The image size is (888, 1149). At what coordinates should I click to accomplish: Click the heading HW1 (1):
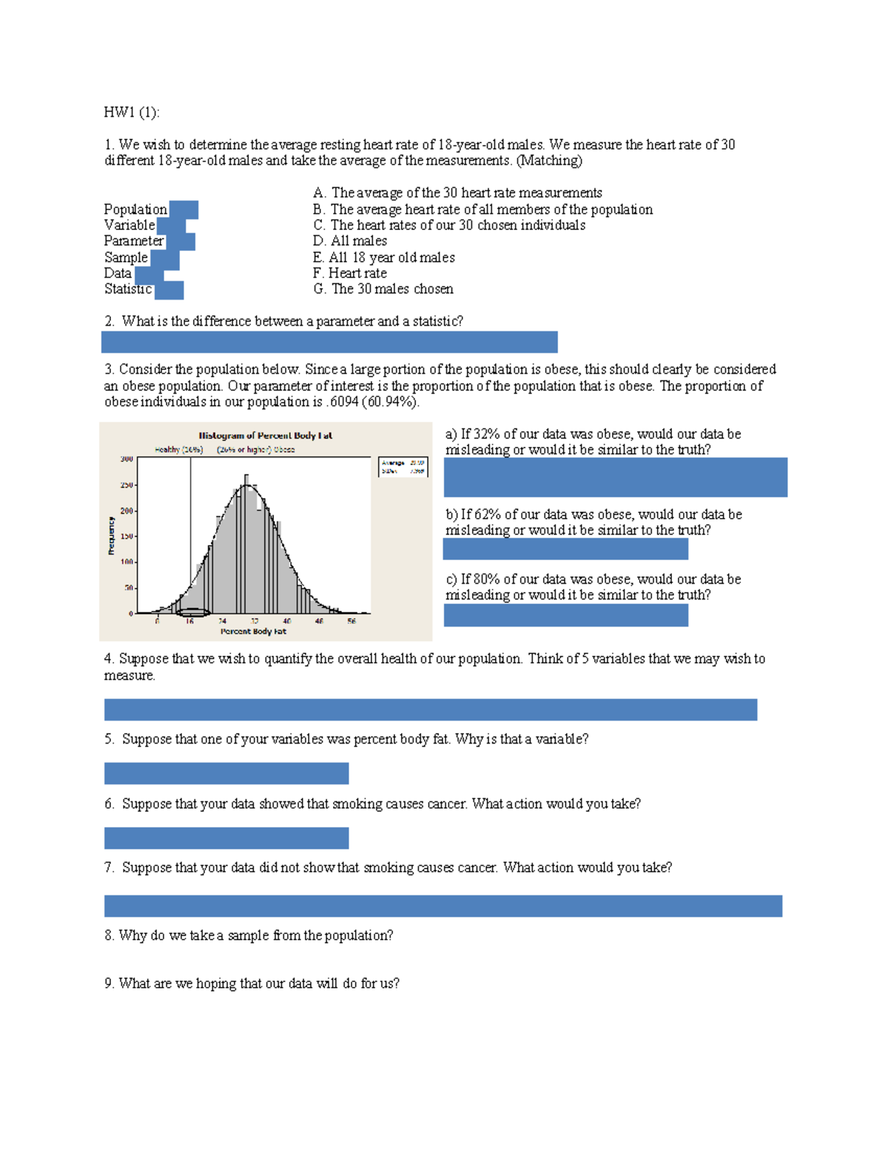tap(131, 112)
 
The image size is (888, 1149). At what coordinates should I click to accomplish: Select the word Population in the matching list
tap(135, 209)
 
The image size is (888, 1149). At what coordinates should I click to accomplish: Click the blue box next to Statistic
tap(169, 290)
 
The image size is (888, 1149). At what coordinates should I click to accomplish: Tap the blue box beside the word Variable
tap(171, 226)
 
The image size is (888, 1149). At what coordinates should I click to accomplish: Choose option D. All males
tap(350, 241)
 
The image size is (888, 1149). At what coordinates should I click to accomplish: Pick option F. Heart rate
tap(349, 273)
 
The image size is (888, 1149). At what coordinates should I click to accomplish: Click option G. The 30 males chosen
tap(383, 289)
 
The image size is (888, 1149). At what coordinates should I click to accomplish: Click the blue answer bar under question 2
tap(329, 342)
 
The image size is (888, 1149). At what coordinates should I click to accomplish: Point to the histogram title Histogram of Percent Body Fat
tap(265, 436)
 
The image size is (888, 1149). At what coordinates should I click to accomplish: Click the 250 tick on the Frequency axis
tap(127, 485)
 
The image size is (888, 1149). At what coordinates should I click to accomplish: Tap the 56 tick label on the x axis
tap(351, 621)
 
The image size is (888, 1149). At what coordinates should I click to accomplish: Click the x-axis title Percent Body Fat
tap(253, 632)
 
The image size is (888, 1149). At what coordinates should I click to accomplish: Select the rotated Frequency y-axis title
tap(111, 536)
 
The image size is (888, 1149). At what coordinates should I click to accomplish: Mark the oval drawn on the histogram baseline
tap(194, 613)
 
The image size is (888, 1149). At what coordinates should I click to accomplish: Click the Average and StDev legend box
tap(403, 467)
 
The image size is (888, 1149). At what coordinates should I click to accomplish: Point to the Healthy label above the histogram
tap(178, 449)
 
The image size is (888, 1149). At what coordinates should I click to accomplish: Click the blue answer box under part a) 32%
tap(615, 477)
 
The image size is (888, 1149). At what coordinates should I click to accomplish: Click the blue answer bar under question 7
tap(443, 906)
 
